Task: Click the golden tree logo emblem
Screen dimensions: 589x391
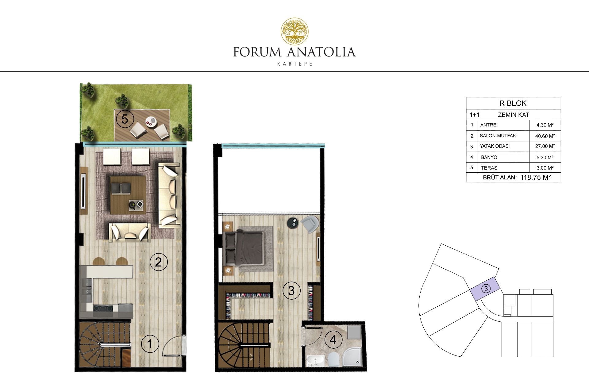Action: coord(295,31)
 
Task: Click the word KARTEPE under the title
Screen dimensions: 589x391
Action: coord(294,64)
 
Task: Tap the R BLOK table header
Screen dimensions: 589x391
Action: coord(513,103)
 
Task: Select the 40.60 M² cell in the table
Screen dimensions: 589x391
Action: coord(545,136)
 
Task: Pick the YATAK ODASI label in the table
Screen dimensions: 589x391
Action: coord(495,146)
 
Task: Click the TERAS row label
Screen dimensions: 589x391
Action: coord(489,168)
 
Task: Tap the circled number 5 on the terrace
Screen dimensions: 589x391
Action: coord(125,119)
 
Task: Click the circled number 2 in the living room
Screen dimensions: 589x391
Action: coord(158,262)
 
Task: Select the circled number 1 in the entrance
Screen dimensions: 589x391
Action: coord(150,344)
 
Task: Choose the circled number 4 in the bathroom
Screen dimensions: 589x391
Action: coord(333,339)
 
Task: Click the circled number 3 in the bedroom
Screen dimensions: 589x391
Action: coord(291,290)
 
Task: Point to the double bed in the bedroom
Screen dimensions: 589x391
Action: coord(244,248)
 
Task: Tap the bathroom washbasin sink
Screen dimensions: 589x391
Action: coord(315,361)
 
